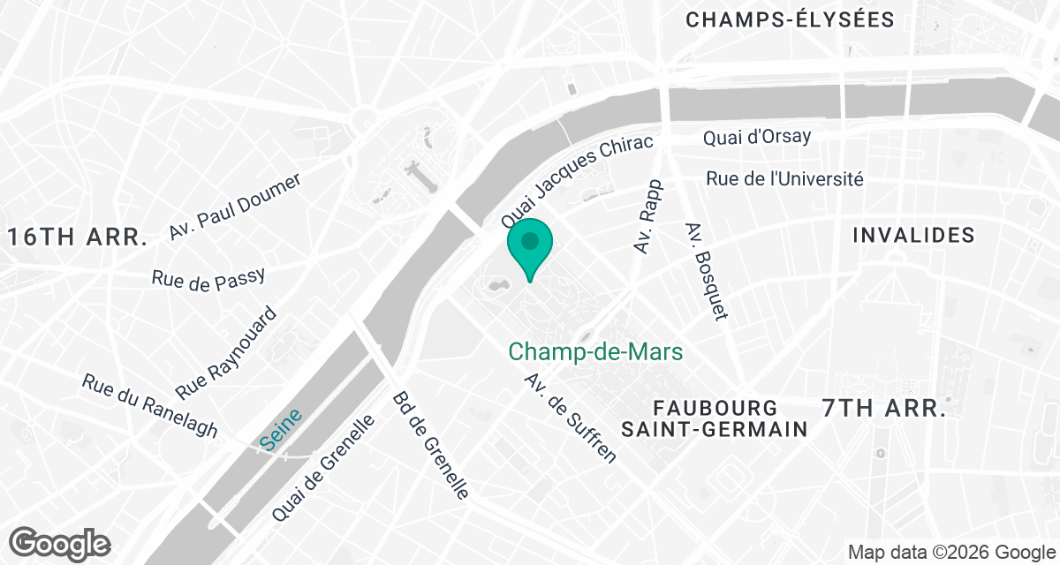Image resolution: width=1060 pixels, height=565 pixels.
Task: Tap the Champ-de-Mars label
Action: [x=595, y=352]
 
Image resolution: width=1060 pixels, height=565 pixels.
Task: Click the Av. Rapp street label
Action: [x=648, y=216]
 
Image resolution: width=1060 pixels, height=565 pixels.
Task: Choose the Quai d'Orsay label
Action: [x=756, y=137]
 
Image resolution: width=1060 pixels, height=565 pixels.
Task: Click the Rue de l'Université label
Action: [x=784, y=179]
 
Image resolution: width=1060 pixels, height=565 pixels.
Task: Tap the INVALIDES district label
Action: [x=913, y=235]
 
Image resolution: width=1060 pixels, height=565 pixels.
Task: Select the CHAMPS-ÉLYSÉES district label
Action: [x=790, y=19]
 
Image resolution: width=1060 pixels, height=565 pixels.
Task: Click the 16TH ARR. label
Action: [x=78, y=237]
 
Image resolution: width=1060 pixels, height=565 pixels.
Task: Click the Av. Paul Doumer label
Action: [x=236, y=206]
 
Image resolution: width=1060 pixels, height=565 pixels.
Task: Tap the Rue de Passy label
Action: [x=208, y=278]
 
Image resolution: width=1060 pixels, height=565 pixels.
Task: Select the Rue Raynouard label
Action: [x=226, y=352]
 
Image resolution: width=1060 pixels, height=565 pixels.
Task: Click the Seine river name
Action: [x=282, y=430]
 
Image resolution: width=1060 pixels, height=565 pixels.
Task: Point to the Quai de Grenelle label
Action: [x=323, y=468]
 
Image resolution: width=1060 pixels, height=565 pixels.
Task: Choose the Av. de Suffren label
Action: [x=570, y=418]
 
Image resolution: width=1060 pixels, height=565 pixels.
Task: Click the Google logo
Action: [x=61, y=543]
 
